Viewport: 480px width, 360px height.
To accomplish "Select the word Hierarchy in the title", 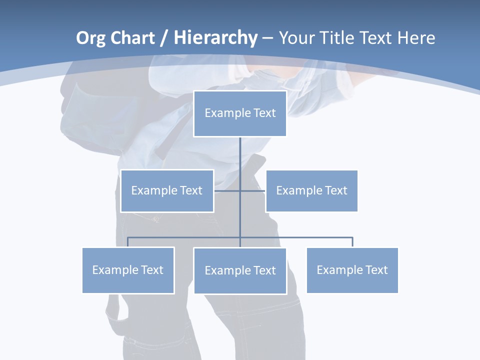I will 215,38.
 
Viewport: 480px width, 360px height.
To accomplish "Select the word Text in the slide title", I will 378,38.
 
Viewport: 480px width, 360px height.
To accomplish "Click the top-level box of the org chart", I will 240,113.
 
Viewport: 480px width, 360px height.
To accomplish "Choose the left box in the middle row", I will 167,190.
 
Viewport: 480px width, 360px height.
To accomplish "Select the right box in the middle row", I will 311,190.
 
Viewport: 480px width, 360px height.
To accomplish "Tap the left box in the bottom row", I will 128,270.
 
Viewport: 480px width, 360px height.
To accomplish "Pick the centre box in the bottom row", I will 240,270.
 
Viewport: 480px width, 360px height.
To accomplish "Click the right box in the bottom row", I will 352,270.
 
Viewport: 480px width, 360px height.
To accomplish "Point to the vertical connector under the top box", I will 240,160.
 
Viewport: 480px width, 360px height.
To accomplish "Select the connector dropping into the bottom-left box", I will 128,242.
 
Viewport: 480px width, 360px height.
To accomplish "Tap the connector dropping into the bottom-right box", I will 352,242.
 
